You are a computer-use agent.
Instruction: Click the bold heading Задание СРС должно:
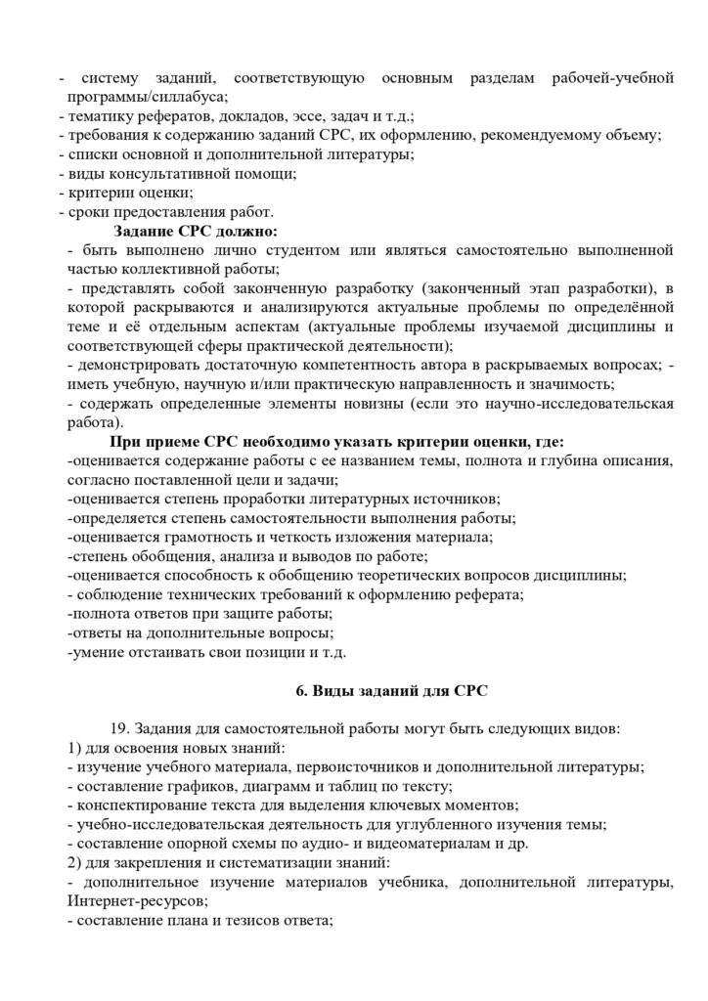click(x=196, y=232)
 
